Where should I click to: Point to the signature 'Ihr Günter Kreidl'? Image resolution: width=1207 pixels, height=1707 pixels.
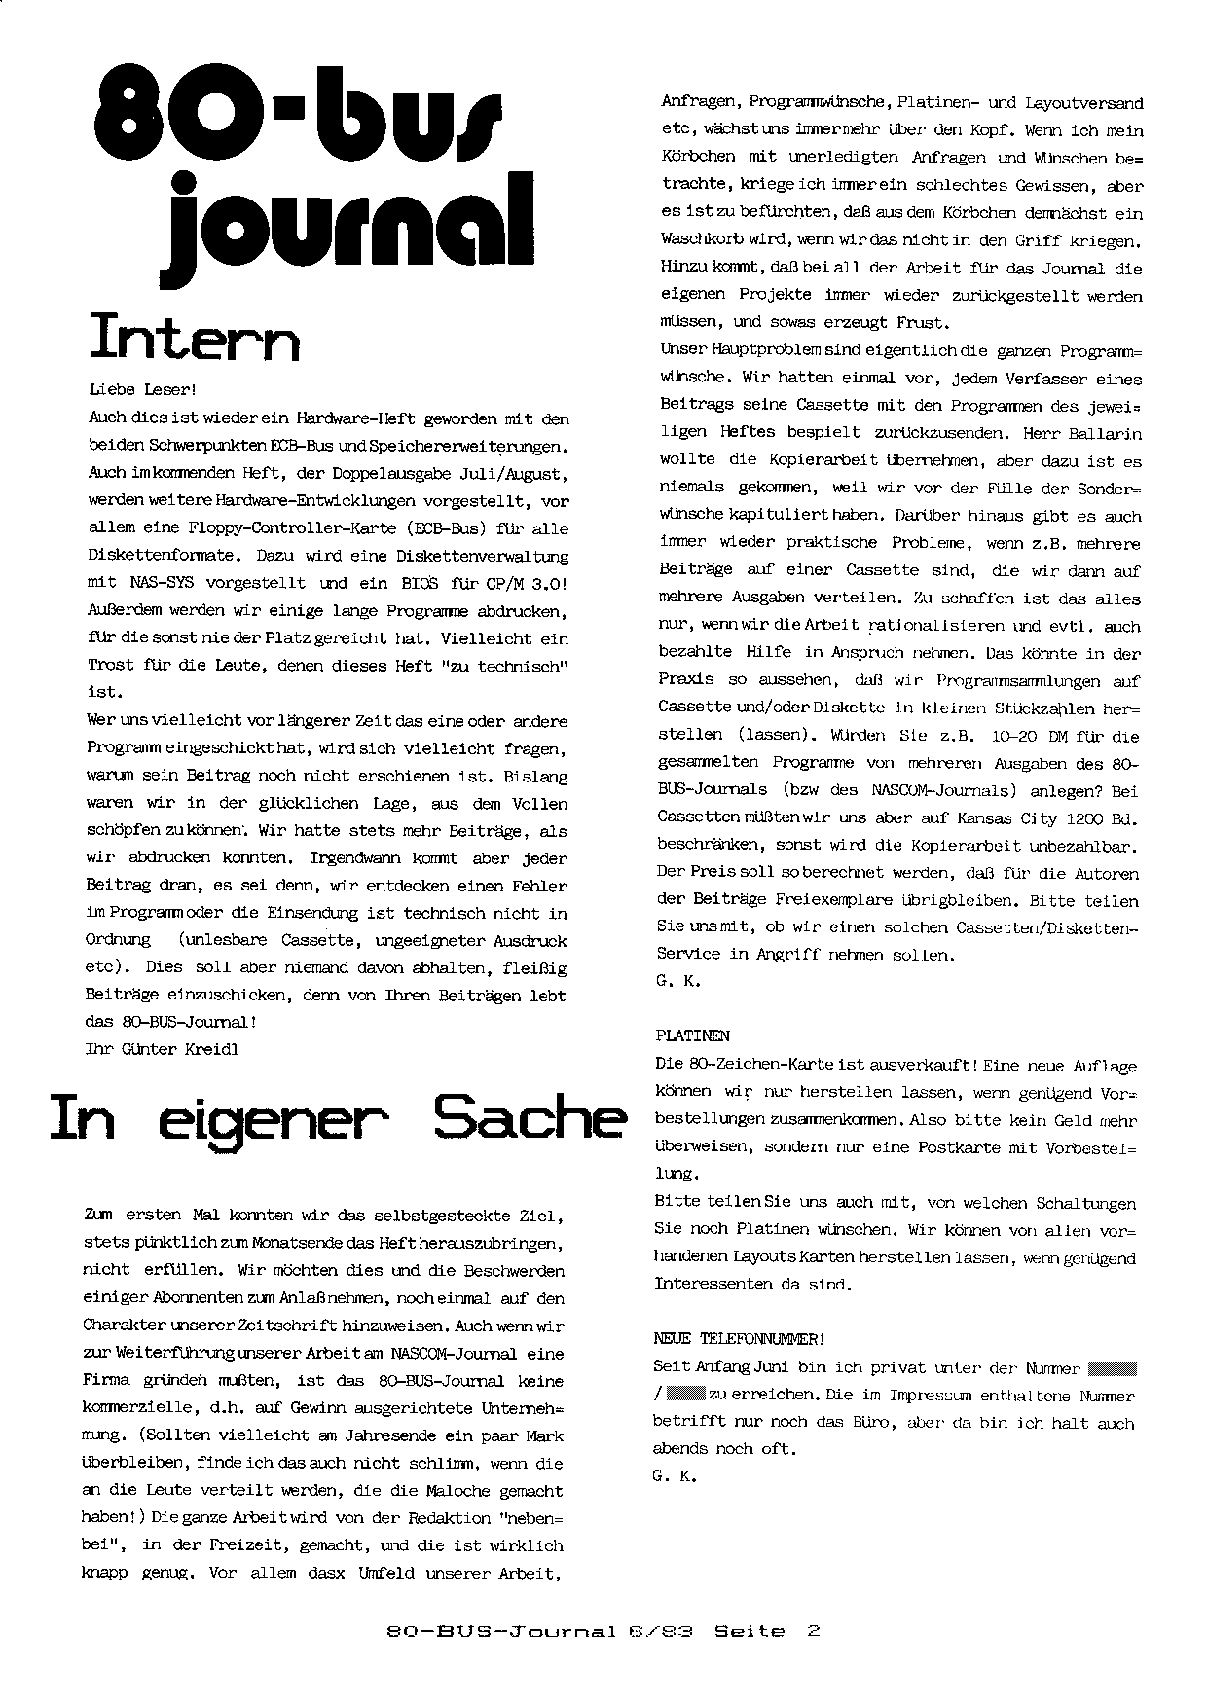click(162, 1049)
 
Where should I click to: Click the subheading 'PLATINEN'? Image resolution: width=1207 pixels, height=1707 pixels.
click(692, 1036)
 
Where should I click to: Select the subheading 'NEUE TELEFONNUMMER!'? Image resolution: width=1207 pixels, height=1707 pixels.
click(739, 1339)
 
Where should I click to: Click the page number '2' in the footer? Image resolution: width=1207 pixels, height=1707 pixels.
click(813, 1631)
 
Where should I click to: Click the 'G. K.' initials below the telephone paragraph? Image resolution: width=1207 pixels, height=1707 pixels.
click(675, 1476)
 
